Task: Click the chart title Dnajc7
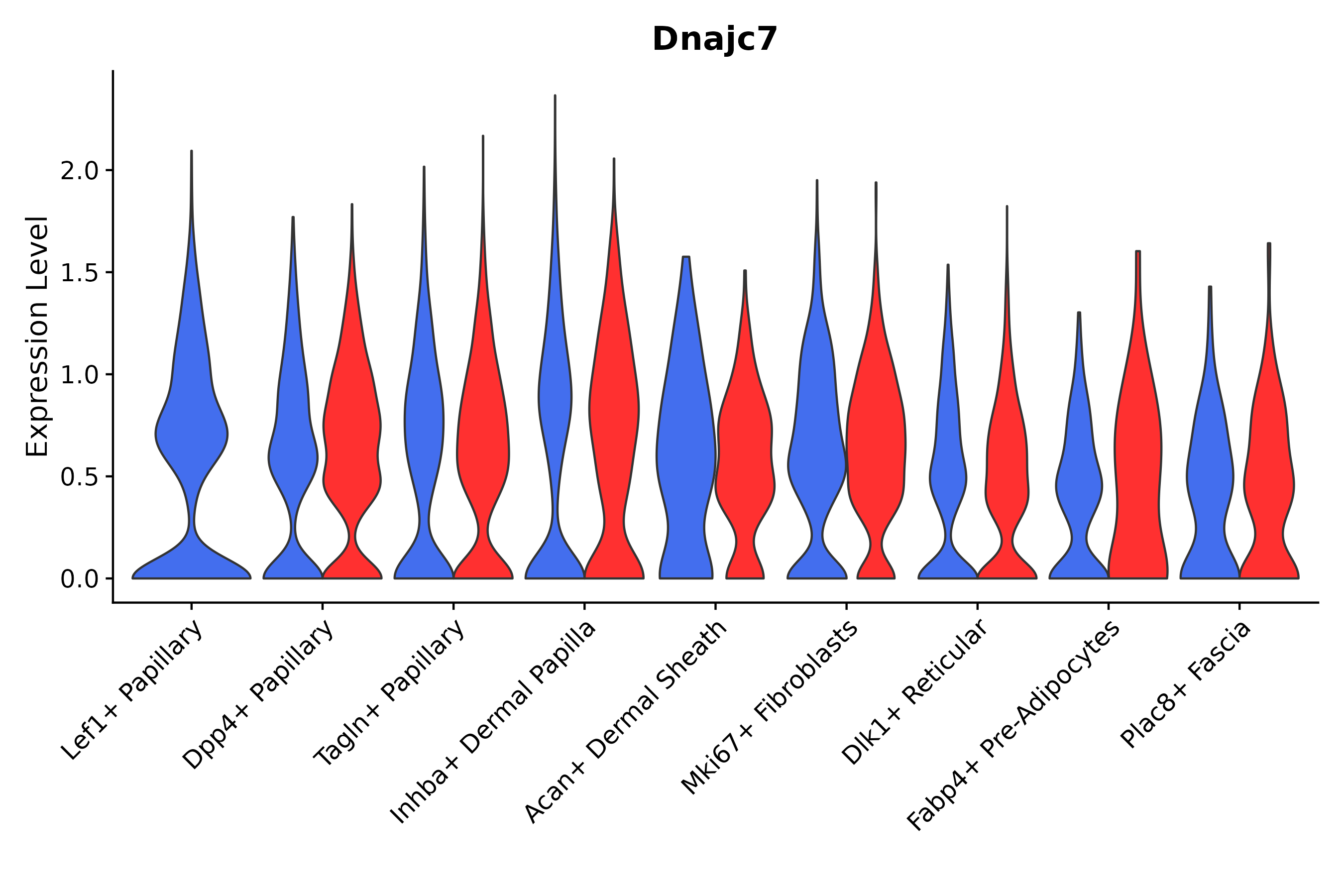point(714,40)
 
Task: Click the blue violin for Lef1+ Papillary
point(192,434)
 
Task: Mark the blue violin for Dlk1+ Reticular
point(948,474)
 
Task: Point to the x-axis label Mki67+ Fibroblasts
point(769,708)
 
